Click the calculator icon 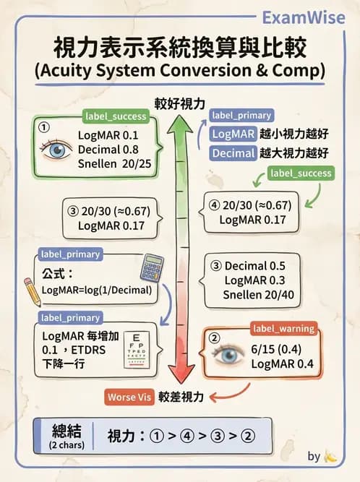[x=152, y=267]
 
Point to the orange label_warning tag [x=283, y=329]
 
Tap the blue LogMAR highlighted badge [x=233, y=134]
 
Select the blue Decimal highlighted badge [x=233, y=153]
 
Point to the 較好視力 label [x=179, y=103]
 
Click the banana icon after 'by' [x=331, y=456]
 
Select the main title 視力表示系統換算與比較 [x=180, y=49]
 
